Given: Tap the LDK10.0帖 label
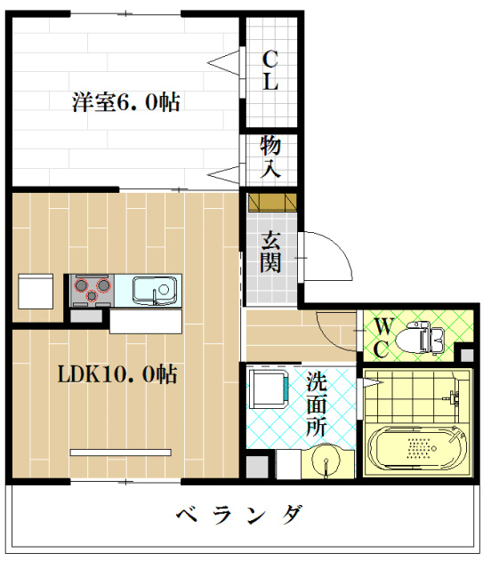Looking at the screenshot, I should (117, 374).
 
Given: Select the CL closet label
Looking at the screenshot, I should (270, 71).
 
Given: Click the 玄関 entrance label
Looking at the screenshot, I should (271, 251).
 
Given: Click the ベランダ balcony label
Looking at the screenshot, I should (238, 515).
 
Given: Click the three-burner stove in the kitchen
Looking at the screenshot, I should (93, 287).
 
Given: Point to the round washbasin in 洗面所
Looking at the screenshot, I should (326, 460).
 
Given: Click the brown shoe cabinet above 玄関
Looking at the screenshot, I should (270, 203).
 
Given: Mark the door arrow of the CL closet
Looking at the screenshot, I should (225, 61).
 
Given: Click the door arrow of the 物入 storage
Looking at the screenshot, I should (225, 172).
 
